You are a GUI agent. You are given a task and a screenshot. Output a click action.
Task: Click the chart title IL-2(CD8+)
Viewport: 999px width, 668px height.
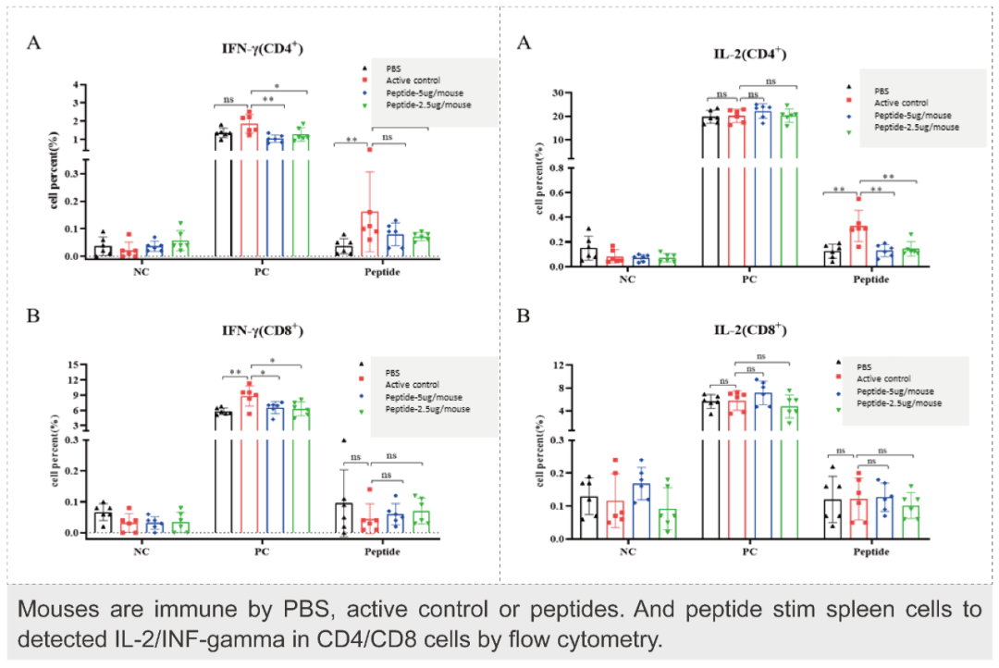click(748, 331)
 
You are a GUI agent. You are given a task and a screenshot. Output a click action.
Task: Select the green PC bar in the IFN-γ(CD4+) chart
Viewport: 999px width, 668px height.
click(300, 194)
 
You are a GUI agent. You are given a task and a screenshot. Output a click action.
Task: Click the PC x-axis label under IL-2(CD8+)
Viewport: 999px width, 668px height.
click(748, 552)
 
